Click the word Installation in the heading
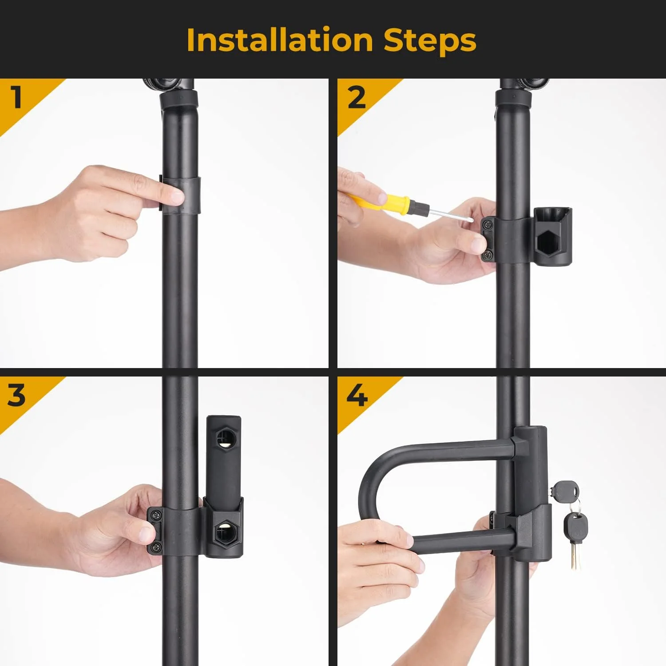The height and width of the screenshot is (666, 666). point(279,40)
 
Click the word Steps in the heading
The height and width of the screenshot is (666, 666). point(429,41)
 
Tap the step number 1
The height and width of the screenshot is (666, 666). point(17,97)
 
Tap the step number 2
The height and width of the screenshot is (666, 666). point(357,98)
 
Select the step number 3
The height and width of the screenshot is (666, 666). point(16,395)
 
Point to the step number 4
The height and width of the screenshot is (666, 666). point(357,395)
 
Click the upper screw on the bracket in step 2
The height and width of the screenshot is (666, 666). point(488,225)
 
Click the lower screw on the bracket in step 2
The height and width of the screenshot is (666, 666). point(488,254)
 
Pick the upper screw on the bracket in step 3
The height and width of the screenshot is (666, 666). point(155,515)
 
